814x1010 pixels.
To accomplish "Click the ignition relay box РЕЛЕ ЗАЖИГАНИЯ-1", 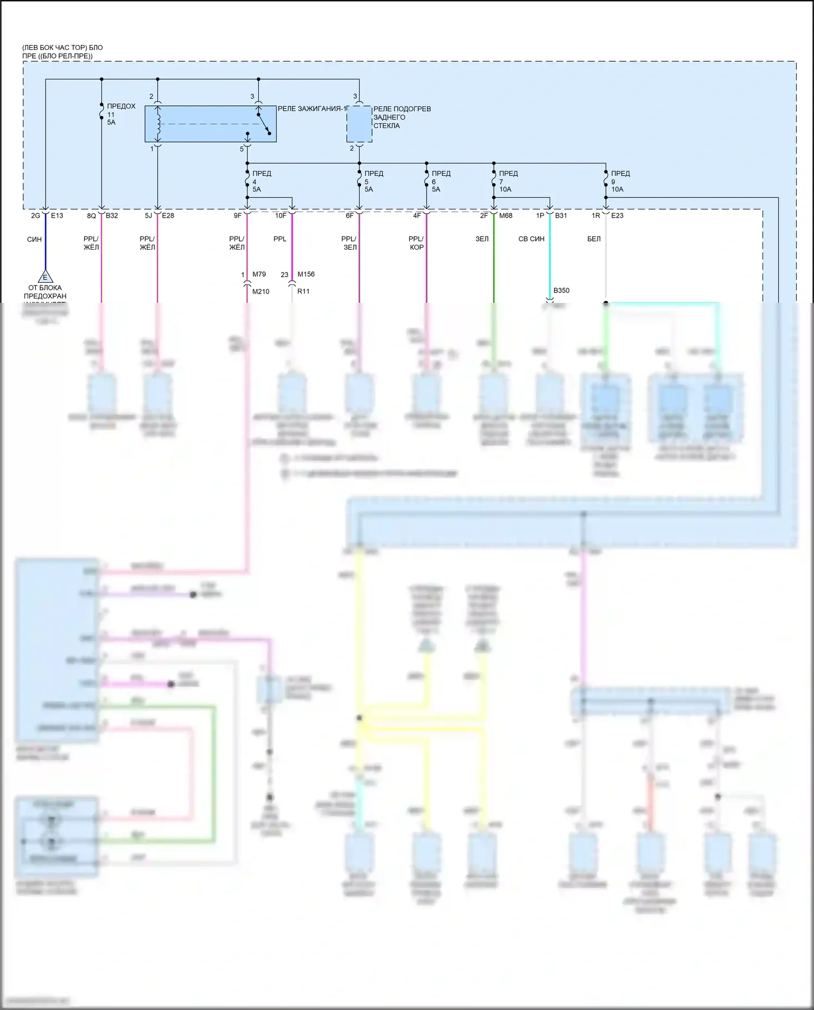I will click(210, 124).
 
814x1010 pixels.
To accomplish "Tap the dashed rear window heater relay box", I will click(359, 124).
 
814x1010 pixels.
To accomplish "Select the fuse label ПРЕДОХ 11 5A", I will click(120, 114).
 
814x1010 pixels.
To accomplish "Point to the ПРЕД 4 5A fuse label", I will click(262, 181).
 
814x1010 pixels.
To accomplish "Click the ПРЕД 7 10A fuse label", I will click(508, 181).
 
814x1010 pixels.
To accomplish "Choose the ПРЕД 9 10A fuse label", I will click(620, 181).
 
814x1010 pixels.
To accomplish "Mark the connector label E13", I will click(57, 215).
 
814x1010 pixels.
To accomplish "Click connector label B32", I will click(112, 215).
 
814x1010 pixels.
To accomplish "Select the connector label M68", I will click(506, 215).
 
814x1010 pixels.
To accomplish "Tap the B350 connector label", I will click(562, 290).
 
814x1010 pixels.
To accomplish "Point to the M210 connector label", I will click(261, 291).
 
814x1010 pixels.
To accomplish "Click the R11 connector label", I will click(303, 291).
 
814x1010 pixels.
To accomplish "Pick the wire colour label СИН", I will click(34, 239).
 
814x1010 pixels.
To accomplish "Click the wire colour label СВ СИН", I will click(531, 239).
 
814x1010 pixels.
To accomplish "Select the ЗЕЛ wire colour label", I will click(482, 239).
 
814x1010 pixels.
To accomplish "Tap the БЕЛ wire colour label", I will click(594, 239).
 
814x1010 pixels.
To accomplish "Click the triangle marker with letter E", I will click(45, 277).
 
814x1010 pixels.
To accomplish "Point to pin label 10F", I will click(280, 215).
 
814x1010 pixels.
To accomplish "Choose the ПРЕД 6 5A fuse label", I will click(441, 181).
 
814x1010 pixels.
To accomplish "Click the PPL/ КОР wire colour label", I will click(416, 243).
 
